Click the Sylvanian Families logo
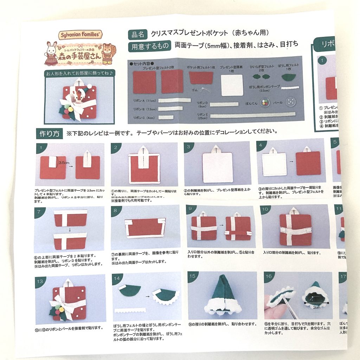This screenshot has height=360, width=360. point(81,35)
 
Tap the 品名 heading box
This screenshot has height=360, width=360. point(137,34)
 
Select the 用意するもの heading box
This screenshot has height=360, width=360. point(150,46)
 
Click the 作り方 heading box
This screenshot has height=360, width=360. point(49,134)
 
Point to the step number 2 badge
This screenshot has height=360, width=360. point(116,148)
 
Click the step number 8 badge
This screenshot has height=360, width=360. point(116,212)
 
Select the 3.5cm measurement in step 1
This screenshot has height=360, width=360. point(64,163)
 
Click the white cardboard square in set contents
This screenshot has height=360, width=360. point(232,84)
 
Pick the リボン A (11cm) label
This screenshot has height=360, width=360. point(143,101)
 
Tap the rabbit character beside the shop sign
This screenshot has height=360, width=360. point(52,53)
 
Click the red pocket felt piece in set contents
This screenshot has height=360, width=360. point(201,78)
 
